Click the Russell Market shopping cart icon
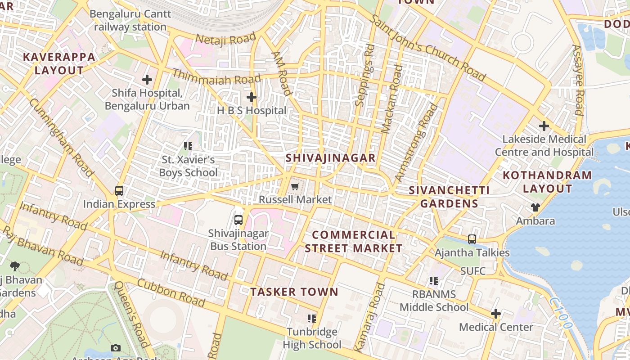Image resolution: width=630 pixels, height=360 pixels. point(295,186)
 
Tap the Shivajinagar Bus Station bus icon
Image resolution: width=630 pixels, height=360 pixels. point(238,220)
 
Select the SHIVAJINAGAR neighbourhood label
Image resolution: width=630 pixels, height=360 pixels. point(330,158)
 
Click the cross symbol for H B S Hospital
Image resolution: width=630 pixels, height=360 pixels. point(252,97)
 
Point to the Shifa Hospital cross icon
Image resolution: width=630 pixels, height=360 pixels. point(147,80)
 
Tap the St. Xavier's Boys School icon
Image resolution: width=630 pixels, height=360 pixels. point(188,146)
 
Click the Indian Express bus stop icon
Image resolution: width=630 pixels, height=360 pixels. point(119,191)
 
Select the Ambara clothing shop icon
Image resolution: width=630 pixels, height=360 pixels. point(535,207)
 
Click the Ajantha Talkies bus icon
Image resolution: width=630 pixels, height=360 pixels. point(472,239)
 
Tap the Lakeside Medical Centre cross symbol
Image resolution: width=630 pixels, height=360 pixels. point(544,126)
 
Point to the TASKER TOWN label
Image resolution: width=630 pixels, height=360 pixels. point(294,292)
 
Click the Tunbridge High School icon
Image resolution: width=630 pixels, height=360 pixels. point(312,319)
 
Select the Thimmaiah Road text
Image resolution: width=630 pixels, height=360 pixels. point(210,78)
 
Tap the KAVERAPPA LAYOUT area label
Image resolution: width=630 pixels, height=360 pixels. point(59,63)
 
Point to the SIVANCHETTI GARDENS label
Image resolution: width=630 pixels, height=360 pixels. point(449,197)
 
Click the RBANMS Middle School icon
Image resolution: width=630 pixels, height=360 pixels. point(434,281)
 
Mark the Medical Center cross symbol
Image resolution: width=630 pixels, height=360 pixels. point(496,314)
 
